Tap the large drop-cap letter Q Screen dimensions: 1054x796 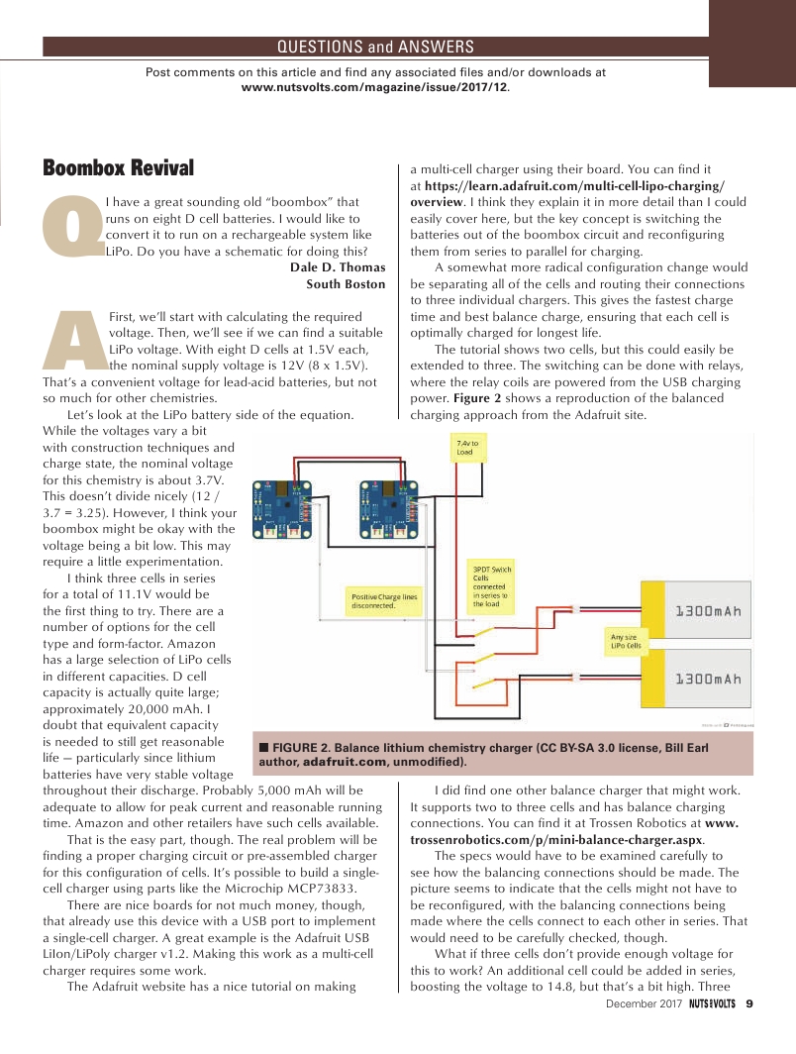pos(75,227)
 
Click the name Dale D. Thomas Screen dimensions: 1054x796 pos(337,267)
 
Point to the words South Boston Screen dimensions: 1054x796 pos(346,284)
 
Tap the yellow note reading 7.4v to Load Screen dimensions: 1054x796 pos(468,447)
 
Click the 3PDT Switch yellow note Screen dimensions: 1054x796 pos(492,584)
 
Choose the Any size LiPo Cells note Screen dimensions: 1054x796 pos(626,640)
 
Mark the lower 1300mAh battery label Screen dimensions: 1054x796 pos(708,680)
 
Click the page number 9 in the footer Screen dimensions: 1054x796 pos(749,1003)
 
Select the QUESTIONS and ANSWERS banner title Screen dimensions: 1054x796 pos(375,47)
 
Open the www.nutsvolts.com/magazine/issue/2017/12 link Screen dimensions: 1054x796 pos(375,87)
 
